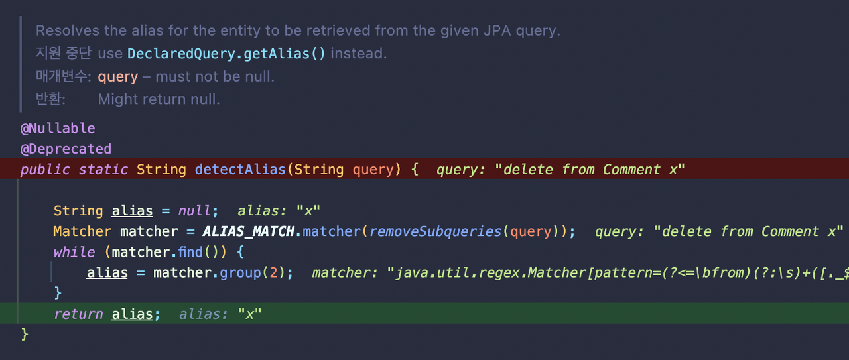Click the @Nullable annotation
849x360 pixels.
pos(58,129)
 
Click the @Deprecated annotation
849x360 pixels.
pos(66,149)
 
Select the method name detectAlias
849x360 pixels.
pos(240,170)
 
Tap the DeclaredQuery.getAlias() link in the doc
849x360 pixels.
pos(226,54)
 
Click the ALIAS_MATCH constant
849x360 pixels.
pos(248,231)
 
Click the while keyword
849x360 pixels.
pos(74,252)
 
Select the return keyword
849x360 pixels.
pos(78,314)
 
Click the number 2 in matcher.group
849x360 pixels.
pos(272,272)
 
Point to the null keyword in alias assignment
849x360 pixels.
pos(194,211)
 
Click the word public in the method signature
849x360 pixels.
pos(45,170)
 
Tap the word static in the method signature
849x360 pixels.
pos(103,170)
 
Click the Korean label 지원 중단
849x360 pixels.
pos(63,54)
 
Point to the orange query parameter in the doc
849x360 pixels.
pos(118,77)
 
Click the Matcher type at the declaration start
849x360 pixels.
pos(82,231)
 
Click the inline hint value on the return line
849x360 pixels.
pos(250,314)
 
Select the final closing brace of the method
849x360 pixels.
pos(25,333)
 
